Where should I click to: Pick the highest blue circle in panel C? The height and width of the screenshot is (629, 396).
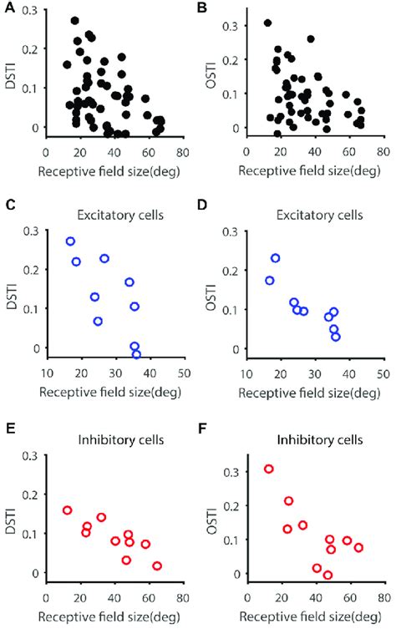[x=71, y=241]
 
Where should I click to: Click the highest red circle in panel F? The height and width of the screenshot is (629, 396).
[x=269, y=469]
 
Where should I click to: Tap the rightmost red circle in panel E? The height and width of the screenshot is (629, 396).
[x=157, y=566]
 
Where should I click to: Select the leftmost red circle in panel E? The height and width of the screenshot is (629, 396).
[x=68, y=510]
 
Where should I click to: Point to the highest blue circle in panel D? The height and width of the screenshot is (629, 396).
[x=275, y=258]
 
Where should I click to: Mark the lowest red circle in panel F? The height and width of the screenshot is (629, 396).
[x=327, y=575]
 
